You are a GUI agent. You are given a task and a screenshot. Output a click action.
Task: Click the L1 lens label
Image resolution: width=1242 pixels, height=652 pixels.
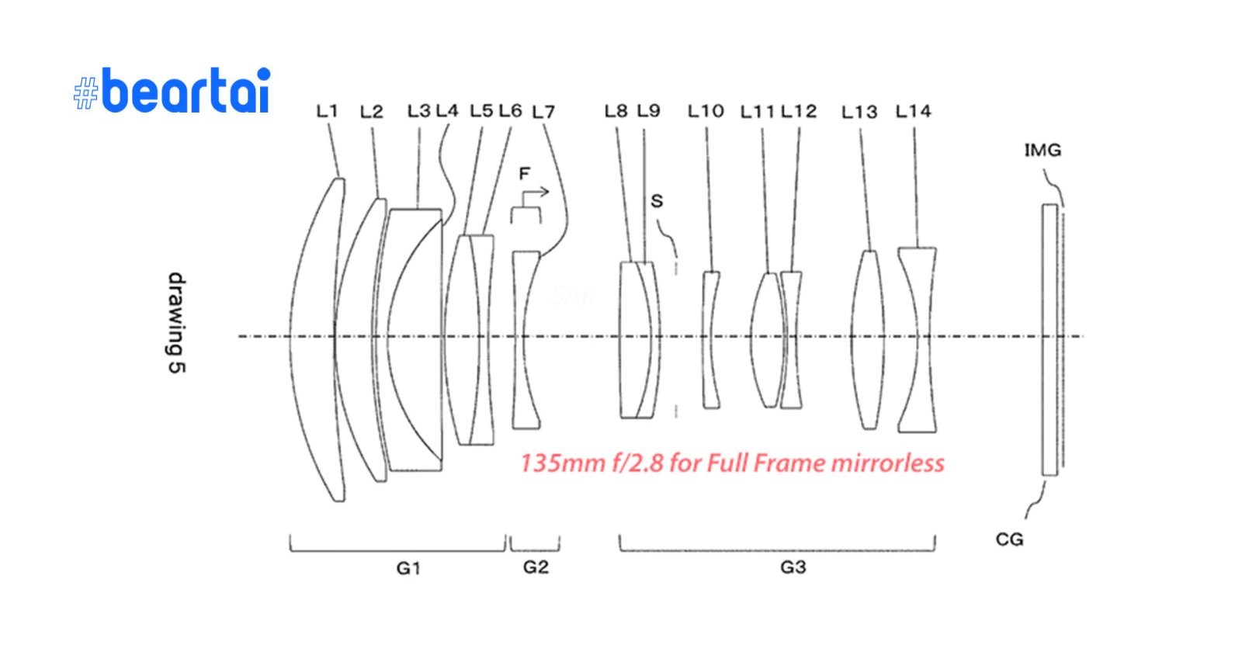[327, 112]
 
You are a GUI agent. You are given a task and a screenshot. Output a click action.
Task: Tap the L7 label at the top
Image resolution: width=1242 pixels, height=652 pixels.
[543, 113]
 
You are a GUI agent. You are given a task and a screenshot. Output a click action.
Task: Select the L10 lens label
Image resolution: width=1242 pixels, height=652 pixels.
[706, 112]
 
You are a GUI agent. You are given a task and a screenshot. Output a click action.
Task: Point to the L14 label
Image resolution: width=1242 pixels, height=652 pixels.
[913, 112]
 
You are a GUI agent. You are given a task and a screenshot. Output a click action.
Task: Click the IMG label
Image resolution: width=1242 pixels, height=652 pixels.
[1043, 151]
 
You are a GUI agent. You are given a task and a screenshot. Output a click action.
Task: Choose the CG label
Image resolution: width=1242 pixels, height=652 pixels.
[1009, 539]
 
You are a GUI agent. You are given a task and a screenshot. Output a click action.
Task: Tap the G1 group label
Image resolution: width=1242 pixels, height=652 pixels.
[408, 568]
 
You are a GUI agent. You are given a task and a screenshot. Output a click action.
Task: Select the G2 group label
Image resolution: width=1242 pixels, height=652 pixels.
[536, 567]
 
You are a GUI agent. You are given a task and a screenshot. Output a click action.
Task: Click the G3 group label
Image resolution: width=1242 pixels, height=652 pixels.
[793, 567]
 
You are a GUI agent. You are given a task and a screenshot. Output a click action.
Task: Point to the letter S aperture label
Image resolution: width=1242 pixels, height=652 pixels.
[657, 201]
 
